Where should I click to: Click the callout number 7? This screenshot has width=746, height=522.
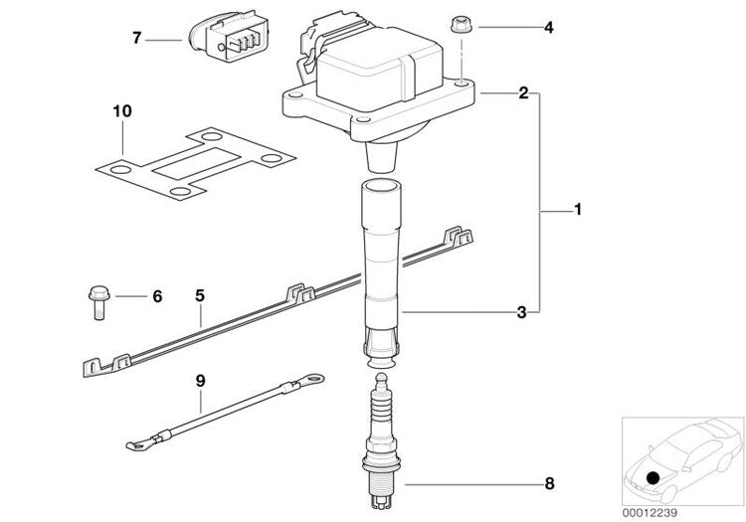tap(138, 38)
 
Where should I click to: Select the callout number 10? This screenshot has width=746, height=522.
tap(121, 114)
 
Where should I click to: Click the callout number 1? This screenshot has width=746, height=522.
tap(578, 211)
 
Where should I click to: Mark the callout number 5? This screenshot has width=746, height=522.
tap(199, 295)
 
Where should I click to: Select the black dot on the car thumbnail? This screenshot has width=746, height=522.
tap(653, 479)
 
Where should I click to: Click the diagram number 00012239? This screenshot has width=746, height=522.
tap(652, 511)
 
